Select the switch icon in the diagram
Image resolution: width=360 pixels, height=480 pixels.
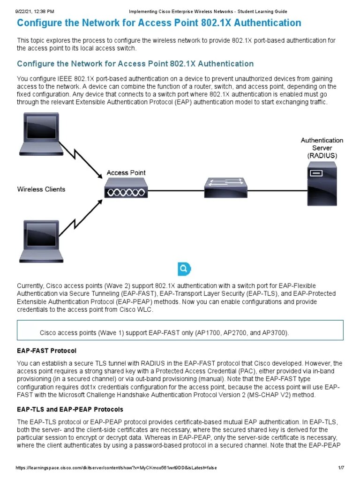coord(225,188)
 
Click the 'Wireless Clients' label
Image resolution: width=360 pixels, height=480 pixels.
coord(41,189)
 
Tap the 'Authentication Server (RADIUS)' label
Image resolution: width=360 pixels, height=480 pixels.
coord(322,148)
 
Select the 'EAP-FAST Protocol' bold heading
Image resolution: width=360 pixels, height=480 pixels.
coord(46,351)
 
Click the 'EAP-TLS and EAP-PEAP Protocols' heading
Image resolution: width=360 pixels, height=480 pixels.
coord(70,409)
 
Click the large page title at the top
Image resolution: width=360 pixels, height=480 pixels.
coord(159,23)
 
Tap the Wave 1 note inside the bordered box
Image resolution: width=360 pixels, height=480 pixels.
coord(164,332)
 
